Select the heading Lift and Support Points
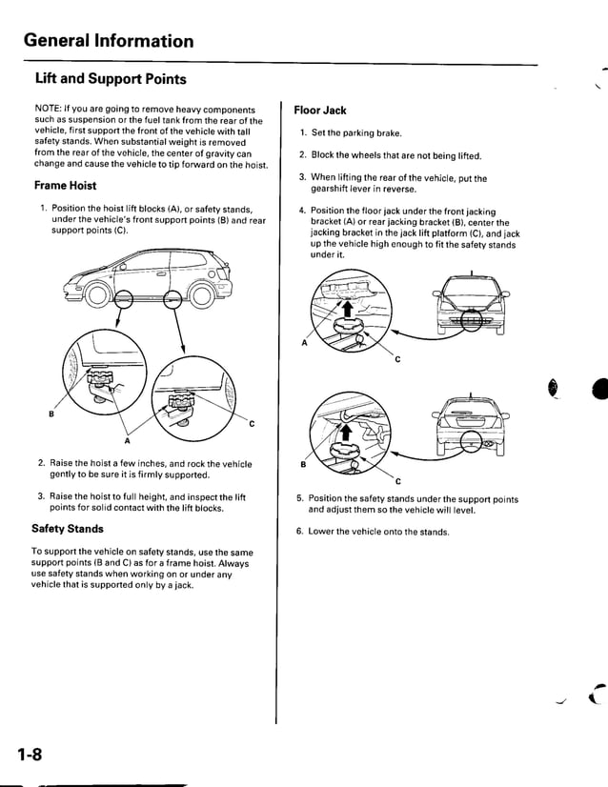(x=110, y=78)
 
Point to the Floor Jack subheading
(x=320, y=111)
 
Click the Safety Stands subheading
(x=68, y=529)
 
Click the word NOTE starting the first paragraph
(x=50, y=111)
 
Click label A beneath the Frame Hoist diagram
(x=128, y=440)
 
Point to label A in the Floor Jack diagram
(x=305, y=345)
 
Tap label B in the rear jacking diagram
(x=302, y=464)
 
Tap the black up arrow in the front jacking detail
(x=349, y=309)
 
